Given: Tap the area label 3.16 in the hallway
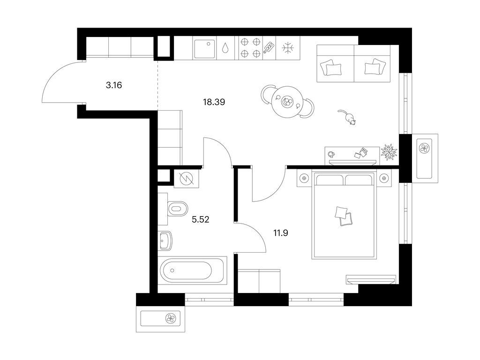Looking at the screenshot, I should (114, 85).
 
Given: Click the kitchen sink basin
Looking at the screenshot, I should (204, 49).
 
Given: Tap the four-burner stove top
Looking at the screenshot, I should (250, 48).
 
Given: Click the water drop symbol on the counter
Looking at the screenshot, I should (226, 48).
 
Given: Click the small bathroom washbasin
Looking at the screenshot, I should (165, 240).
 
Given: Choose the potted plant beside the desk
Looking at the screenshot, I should (389, 151).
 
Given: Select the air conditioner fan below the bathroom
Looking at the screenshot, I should (170, 319).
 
